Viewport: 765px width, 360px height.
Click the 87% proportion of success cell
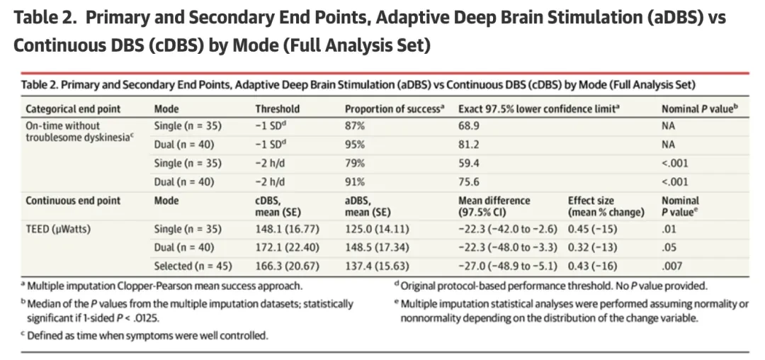pos(355,126)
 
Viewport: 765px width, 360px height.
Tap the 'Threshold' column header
pos(277,109)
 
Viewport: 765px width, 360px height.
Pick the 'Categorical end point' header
pos(73,109)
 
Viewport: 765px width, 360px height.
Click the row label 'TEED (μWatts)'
pos(58,229)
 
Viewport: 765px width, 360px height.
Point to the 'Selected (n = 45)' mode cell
pos(193,266)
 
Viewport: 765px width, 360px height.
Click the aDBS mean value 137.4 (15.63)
pos(377,266)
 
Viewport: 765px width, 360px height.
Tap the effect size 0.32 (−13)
pos(592,247)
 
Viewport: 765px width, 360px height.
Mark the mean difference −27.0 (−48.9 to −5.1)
pos(508,266)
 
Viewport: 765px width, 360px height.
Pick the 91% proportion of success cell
pos(355,182)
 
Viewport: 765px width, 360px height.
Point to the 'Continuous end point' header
pos(73,201)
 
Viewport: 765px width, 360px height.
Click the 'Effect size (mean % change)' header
pos(606,206)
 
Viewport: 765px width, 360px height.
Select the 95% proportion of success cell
pos(355,145)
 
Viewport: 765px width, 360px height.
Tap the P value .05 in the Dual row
pos(669,247)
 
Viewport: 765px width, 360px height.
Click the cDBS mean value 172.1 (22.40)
pos(288,247)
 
